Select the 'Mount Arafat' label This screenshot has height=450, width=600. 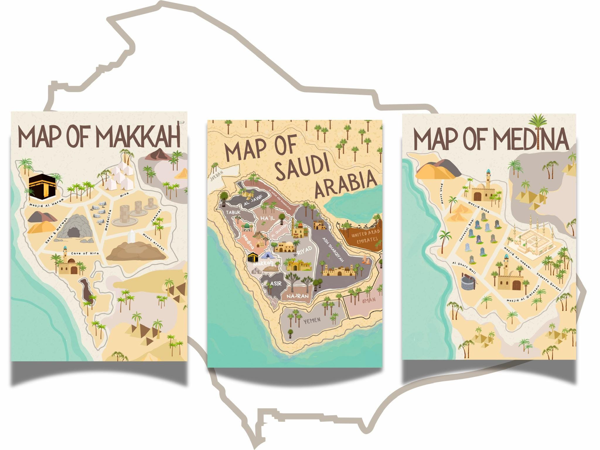point(154,242)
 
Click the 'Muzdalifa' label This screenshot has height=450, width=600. point(108,220)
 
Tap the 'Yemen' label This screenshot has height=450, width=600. point(312,321)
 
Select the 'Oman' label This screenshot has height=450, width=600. point(369,301)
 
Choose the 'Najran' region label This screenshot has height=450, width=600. point(297,296)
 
